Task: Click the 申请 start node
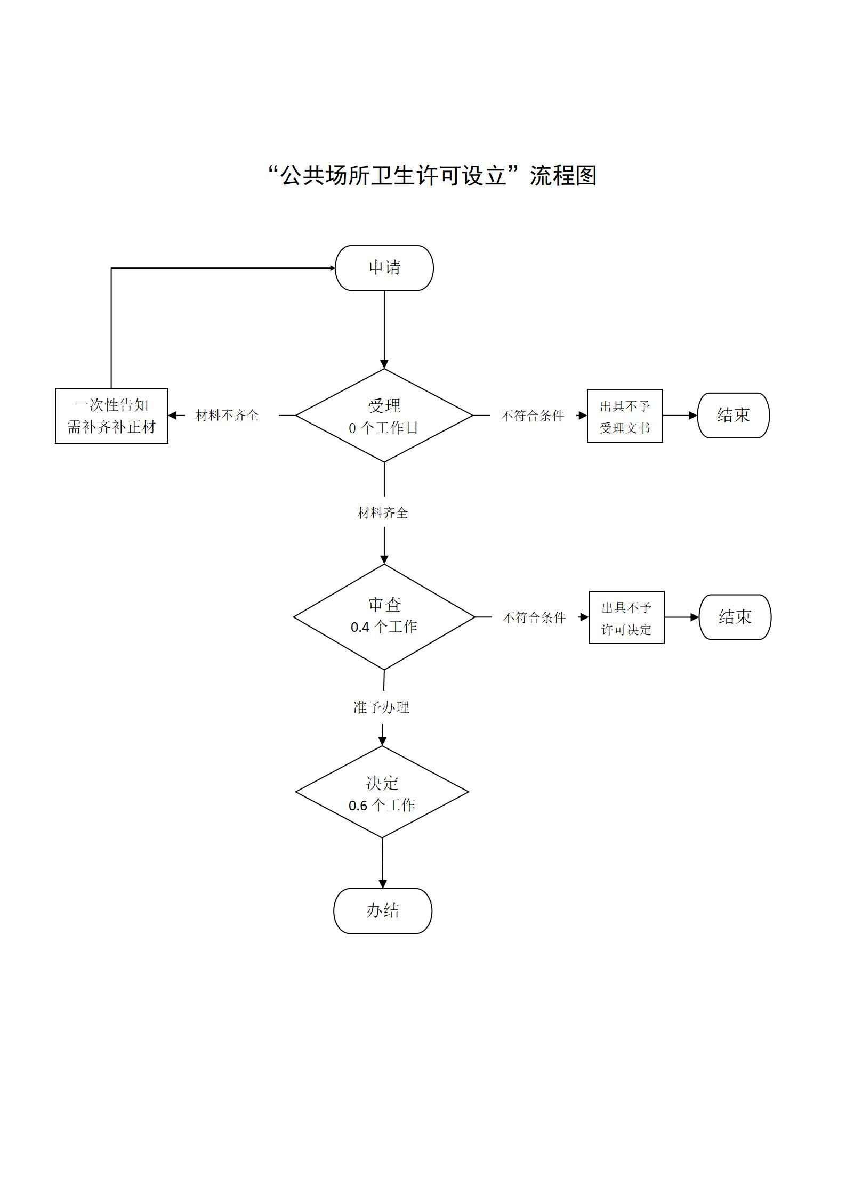[384, 268]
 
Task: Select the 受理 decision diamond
[384, 416]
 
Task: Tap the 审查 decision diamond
[384, 617]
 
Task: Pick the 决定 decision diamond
[382, 792]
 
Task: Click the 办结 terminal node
[383, 911]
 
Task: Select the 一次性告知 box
[111, 416]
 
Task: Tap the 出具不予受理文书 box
[625, 416]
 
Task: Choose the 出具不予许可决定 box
[626, 617]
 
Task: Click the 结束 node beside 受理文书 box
[734, 416]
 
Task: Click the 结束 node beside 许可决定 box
[735, 617]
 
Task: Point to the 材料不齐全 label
[227, 416]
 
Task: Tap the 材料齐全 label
[383, 513]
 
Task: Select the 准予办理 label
[381, 707]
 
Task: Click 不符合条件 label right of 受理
[533, 416]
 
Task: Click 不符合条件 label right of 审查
[534, 617]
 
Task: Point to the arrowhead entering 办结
[382, 884]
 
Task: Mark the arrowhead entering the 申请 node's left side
[332, 268]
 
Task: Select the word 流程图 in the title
[563, 176]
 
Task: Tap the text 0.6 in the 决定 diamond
[358, 806]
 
